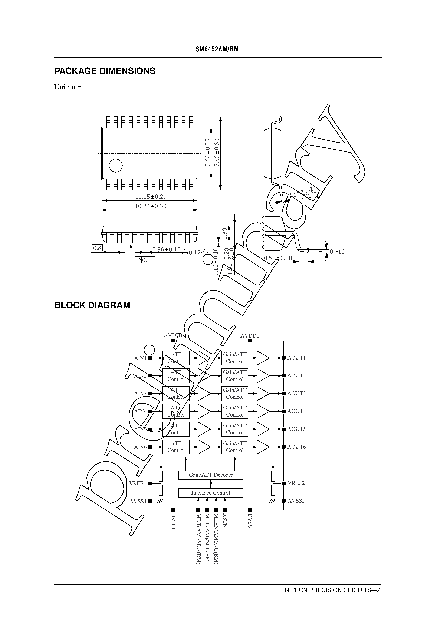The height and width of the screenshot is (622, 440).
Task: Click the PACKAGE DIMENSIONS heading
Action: click(105, 71)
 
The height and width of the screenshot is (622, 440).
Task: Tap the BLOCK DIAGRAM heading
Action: click(92, 305)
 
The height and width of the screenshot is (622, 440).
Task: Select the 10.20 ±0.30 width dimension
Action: click(151, 206)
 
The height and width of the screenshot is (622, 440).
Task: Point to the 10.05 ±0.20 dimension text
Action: click(151, 197)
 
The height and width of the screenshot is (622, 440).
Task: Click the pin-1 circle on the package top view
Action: click(116, 165)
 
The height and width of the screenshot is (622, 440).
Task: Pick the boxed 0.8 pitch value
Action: click(97, 248)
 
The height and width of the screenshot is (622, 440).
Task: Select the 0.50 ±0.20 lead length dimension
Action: click(278, 258)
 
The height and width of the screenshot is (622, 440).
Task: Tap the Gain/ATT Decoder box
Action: click(210, 475)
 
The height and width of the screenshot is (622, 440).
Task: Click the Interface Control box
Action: click(210, 493)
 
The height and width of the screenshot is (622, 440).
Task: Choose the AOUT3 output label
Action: click(296, 393)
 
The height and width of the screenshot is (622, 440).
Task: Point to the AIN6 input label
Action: click(140, 447)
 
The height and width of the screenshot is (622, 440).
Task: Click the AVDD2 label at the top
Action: click(250, 336)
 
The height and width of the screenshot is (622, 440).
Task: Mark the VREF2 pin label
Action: click(296, 483)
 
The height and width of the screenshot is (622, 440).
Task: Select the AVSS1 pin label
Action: click(138, 501)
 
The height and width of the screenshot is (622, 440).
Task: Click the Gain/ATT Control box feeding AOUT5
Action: click(235, 429)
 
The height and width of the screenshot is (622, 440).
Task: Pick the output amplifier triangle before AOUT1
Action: click(263, 358)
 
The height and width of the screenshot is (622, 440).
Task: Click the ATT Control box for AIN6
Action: click(176, 447)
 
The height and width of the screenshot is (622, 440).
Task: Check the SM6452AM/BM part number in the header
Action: click(217, 49)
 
